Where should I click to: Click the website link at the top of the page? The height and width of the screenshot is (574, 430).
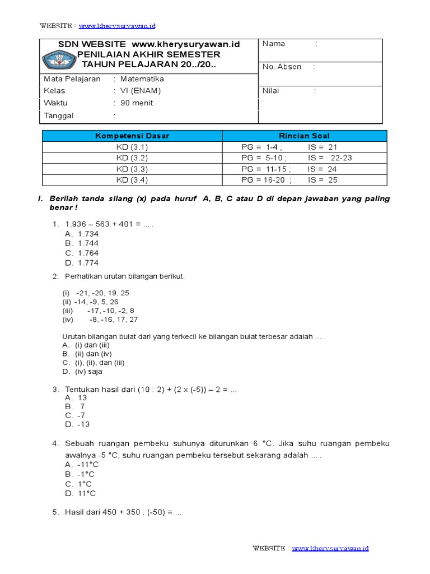[x=117, y=26]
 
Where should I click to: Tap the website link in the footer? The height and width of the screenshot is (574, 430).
[x=330, y=548]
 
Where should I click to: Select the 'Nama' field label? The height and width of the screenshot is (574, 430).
[x=274, y=44]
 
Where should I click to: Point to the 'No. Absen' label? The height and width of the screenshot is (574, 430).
[x=282, y=67]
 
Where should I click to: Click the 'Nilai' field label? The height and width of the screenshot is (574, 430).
[x=271, y=91]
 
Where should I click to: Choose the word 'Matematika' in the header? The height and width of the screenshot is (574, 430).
[x=142, y=79]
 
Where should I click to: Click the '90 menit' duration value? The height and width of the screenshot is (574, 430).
[x=137, y=103]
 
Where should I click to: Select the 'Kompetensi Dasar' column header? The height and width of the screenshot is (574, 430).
[x=132, y=136]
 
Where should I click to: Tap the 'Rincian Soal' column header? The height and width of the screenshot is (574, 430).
[x=304, y=136]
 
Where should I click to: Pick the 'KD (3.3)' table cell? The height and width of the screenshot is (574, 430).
[x=132, y=169]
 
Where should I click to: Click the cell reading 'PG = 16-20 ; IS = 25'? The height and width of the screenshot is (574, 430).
[x=297, y=180]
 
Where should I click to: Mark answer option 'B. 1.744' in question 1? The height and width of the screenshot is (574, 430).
[x=82, y=243]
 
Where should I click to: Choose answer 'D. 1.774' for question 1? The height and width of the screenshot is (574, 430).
[x=82, y=262]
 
